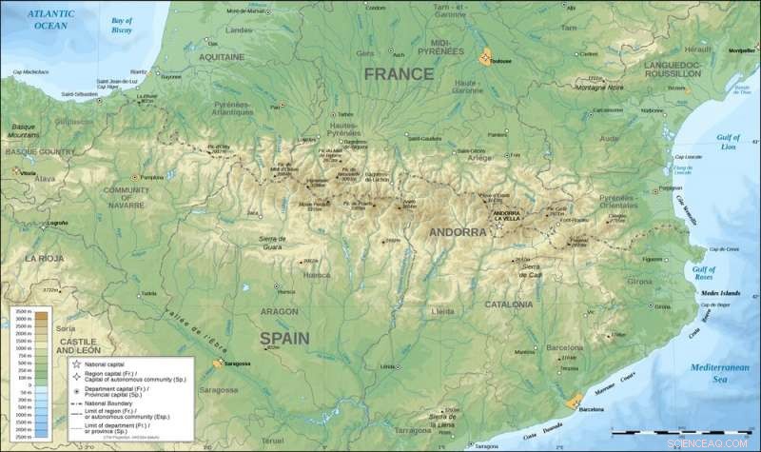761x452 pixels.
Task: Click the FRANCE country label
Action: pyautogui.click(x=398, y=73)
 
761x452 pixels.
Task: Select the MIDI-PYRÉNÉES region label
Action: pyautogui.click(x=452, y=48)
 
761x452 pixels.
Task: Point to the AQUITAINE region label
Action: pyautogui.click(x=229, y=57)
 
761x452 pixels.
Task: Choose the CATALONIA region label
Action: pyautogui.click(x=508, y=305)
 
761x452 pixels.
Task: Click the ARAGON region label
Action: pyautogui.click(x=280, y=311)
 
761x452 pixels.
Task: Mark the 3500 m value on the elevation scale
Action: pyautogui.click(x=21, y=312)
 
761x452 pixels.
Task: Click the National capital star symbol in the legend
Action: pyautogui.click(x=74, y=364)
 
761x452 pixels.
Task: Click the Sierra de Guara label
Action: pyautogui.click(x=273, y=243)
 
